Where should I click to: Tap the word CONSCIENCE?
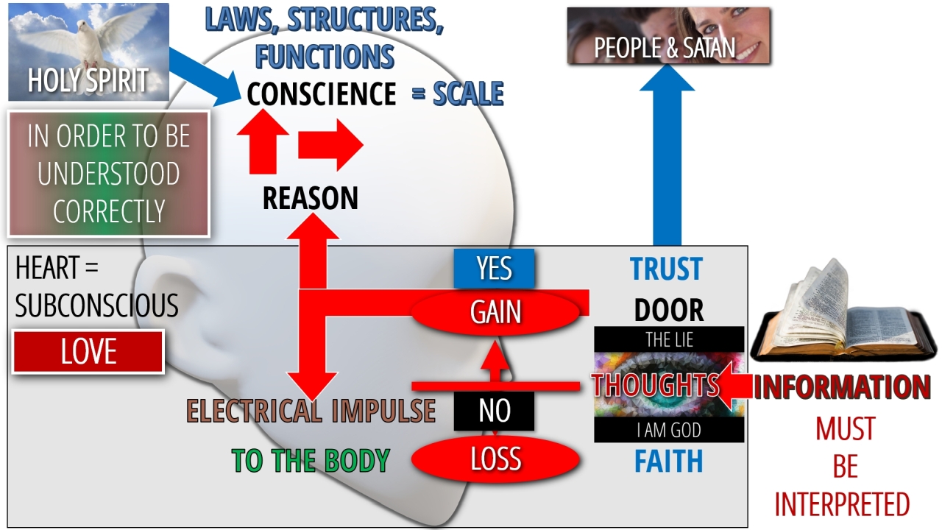pos(321,94)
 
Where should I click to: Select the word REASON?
pos(310,198)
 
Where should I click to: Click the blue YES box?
pos(494,269)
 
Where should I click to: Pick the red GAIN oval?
pos(496,313)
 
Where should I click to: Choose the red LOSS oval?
pos(495,459)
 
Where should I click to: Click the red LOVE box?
pos(88,352)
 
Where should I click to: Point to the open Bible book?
pos(839,317)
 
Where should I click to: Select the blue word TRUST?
pos(666,269)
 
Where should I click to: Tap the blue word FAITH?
pos(668,462)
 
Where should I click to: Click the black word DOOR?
pos(668,311)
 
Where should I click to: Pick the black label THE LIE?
pos(668,339)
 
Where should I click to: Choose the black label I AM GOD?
pos(668,430)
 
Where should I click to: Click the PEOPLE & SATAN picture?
pos(668,37)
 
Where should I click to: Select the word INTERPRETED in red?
pos(842,504)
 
